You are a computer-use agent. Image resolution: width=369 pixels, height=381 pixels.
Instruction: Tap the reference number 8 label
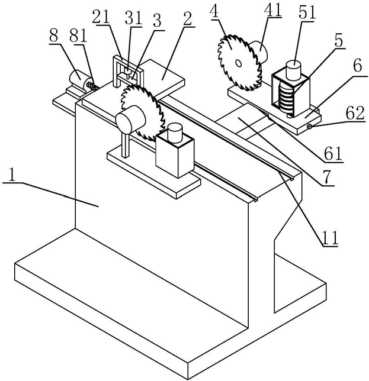(x=53, y=37)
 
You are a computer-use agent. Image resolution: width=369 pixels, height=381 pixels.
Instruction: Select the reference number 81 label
(x=78, y=37)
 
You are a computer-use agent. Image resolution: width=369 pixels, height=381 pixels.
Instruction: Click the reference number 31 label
(x=133, y=18)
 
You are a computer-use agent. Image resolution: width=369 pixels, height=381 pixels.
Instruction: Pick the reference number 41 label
(x=272, y=9)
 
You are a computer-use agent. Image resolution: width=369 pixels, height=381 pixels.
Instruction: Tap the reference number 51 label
(x=307, y=14)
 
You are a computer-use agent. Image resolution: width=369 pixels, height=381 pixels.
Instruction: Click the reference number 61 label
(x=333, y=154)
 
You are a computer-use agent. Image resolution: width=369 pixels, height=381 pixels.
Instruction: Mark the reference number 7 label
(x=326, y=177)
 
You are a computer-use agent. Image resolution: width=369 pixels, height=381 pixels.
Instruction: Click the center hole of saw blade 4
(x=238, y=63)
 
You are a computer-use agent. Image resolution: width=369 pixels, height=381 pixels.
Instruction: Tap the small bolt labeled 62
(x=309, y=126)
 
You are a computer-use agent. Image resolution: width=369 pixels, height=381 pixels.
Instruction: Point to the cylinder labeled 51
(x=294, y=69)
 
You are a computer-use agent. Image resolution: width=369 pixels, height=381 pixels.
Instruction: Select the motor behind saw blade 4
(x=258, y=53)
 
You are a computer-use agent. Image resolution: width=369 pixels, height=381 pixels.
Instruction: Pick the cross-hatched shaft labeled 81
(x=91, y=86)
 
